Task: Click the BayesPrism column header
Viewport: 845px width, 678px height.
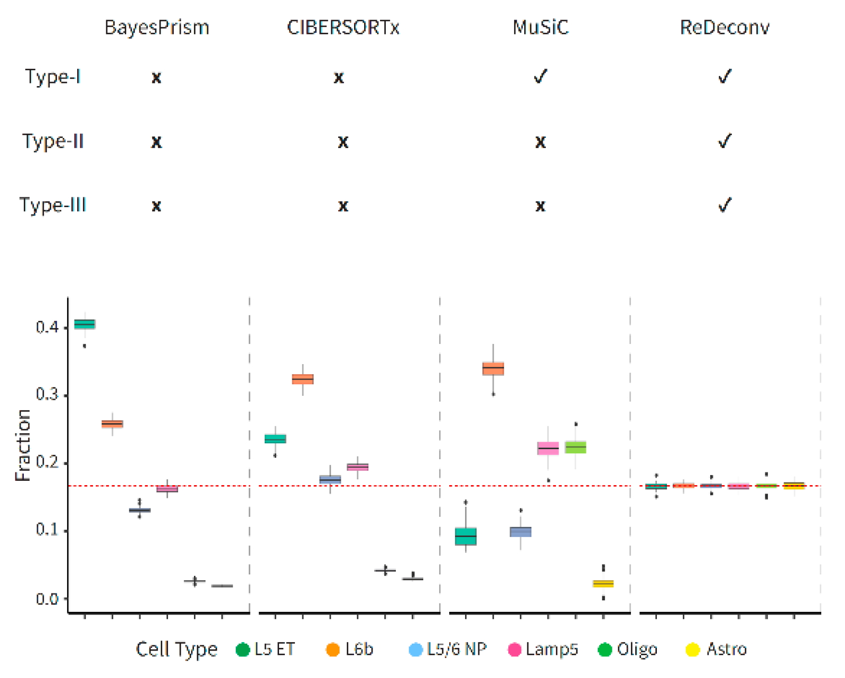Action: click(x=156, y=27)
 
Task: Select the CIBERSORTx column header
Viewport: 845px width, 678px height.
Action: click(x=343, y=27)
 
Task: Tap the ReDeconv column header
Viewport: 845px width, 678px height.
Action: click(x=725, y=27)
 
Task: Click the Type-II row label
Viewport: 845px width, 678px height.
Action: click(x=53, y=142)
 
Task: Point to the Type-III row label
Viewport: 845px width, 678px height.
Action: click(x=53, y=205)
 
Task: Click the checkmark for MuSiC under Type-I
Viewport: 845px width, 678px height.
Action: click(x=540, y=77)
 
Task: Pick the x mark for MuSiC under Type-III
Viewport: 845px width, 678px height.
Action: click(x=540, y=206)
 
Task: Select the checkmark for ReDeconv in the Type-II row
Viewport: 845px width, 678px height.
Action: click(x=725, y=141)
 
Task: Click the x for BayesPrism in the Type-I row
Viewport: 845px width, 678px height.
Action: click(x=156, y=78)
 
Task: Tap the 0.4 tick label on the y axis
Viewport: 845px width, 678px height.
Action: click(x=48, y=327)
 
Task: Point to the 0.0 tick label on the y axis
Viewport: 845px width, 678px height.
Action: click(x=48, y=599)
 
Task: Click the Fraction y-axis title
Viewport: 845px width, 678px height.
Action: click(x=23, y=445)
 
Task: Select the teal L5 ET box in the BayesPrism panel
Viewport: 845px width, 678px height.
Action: click(x=85, y=324)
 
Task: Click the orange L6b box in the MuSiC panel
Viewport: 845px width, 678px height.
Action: click(x=493, y=368)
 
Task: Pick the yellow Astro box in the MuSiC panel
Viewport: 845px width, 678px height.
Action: click(x=603, y=583)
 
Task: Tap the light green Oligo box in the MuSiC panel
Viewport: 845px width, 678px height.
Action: click(x=575, y=447)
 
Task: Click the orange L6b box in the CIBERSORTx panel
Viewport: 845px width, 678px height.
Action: click(x=303, y=379)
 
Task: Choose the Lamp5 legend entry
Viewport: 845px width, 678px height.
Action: click(x=543, y=649)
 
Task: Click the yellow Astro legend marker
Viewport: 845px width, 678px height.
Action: click(x=692, y=649)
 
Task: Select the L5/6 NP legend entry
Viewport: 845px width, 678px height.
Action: click(x=448, y=649)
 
